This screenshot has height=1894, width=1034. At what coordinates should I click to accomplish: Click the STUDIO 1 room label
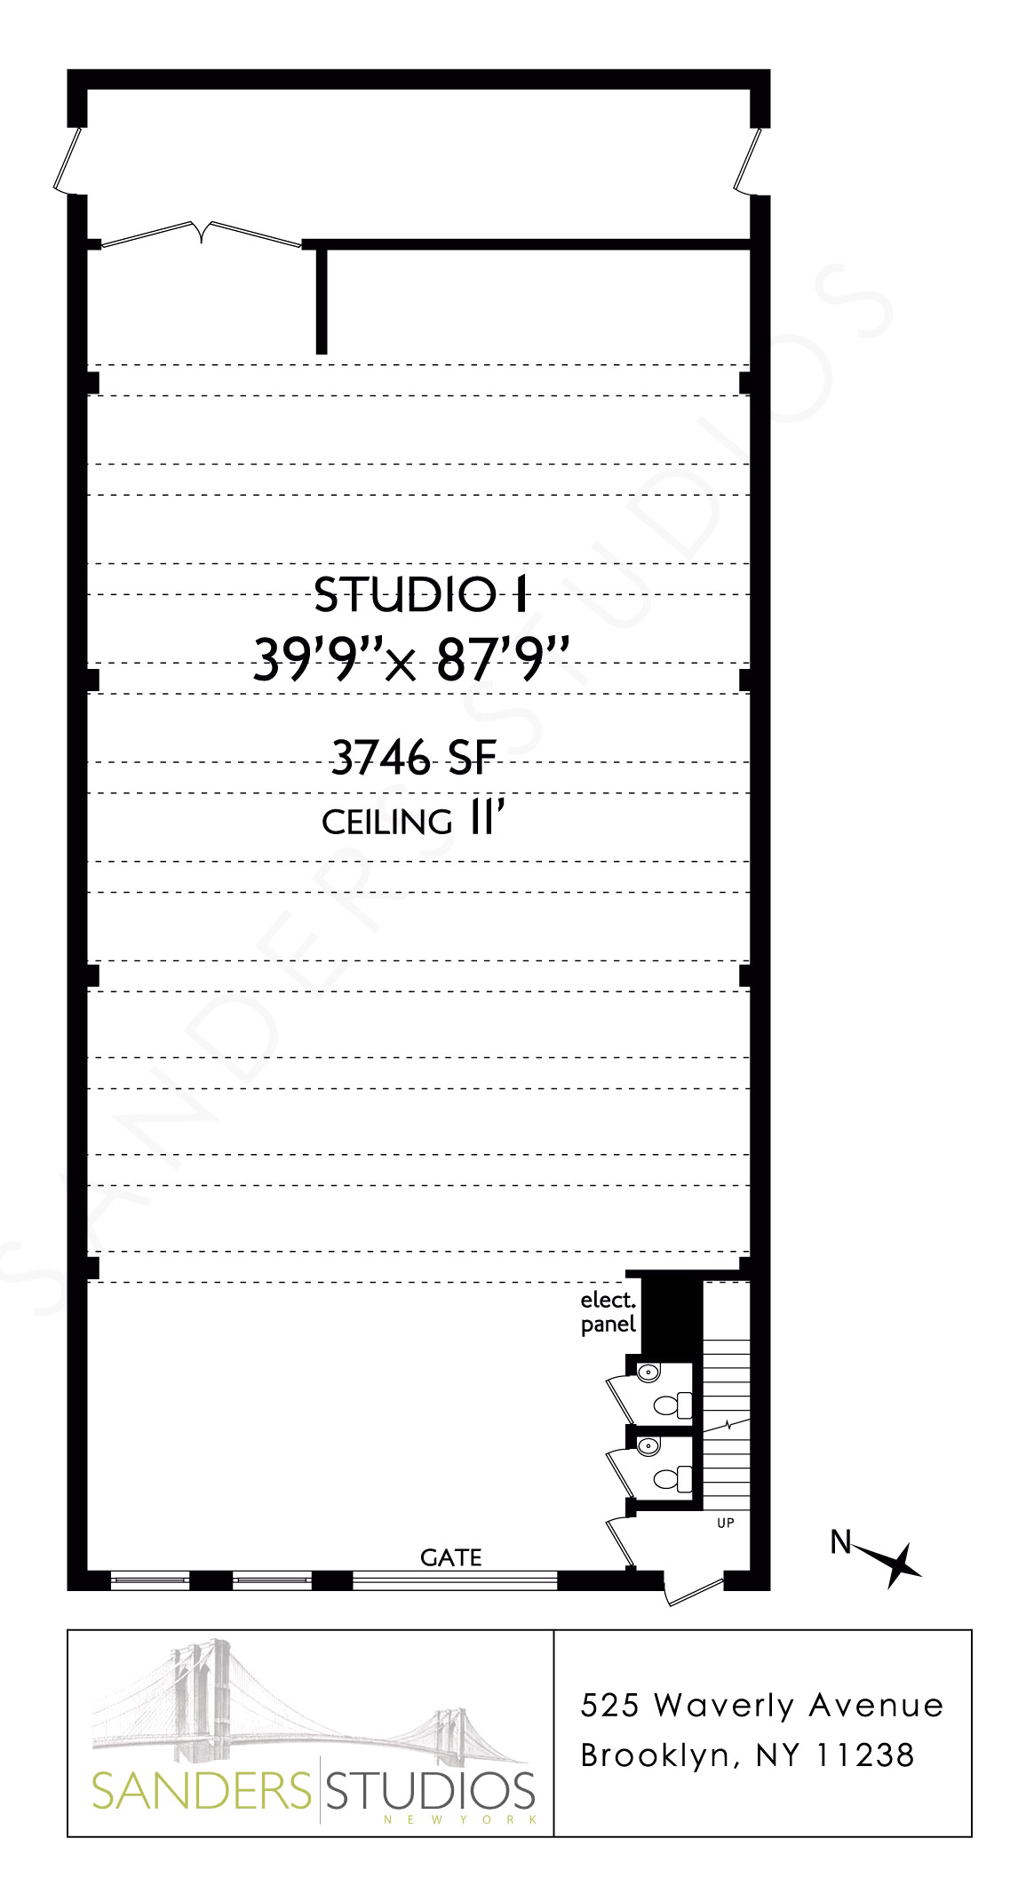click(x=421, y=595)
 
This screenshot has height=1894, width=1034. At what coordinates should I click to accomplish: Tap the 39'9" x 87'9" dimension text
click(x=410, y=660)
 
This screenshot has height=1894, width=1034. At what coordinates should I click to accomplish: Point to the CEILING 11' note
click(x=414, y=820)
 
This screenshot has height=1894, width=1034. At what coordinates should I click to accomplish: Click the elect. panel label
click(x=608, y=1312)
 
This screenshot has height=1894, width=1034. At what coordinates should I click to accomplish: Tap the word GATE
click(x=451, y=1557)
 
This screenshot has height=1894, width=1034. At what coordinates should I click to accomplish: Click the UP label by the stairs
click(x=725, y=1523)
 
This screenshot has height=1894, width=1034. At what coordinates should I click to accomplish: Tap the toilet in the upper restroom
click(x=673, y=1405)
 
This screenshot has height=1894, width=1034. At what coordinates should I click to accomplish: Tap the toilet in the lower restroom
click(x=673, y=1479)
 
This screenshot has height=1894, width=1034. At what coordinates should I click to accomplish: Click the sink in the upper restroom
click(x=648, y=1373)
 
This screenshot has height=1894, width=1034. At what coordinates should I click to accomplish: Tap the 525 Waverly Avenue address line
click(x=761, y=1705)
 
